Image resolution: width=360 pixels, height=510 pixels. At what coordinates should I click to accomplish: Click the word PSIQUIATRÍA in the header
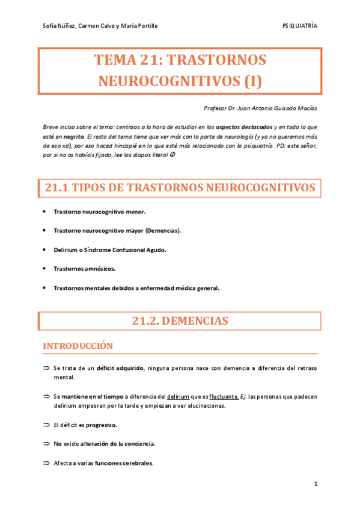click(x=300, y=26)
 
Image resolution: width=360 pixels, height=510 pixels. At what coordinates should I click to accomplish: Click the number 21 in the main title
click(x=149, y=60)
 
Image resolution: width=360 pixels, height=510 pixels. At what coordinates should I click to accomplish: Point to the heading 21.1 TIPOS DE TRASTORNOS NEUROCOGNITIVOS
click(x=180, y=188)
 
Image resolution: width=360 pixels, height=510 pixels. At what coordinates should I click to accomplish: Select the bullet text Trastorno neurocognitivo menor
click(x=99, y=212)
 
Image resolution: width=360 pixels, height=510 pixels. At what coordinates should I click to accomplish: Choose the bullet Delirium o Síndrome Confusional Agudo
click(x=109, y=250)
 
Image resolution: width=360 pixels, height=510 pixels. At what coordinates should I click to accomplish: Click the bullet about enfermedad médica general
click(x=136, y=288)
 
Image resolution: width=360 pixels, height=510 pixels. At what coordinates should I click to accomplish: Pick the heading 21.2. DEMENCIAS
click(x=180, y=322)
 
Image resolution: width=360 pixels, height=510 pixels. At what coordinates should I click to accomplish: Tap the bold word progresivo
click(x=102, y=425)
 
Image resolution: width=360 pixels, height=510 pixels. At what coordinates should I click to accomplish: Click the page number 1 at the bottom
click(x=315, y=484)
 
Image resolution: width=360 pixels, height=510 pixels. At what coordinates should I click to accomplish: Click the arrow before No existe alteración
click(x=46, y=443)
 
